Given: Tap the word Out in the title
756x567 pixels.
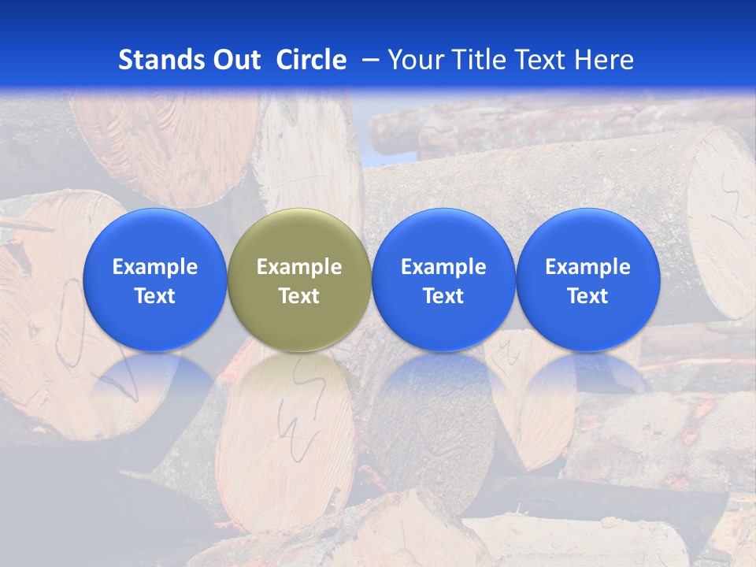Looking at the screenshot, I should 236,60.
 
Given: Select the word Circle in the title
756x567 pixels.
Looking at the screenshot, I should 311,60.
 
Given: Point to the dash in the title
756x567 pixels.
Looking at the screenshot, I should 368,60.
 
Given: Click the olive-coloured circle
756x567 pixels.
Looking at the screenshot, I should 299,244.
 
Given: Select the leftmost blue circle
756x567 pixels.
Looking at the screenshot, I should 155,236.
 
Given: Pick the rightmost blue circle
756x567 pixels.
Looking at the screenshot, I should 588,236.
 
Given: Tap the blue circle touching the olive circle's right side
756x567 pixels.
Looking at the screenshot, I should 443,236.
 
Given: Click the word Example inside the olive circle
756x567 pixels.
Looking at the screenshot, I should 299,267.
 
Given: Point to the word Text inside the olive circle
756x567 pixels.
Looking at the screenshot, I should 299,296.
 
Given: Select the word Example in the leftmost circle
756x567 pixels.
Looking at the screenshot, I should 155,267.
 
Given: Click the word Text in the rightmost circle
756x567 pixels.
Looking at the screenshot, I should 588,296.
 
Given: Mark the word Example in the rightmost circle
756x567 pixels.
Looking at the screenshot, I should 588,267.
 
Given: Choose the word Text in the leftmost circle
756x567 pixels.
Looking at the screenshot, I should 155,296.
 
